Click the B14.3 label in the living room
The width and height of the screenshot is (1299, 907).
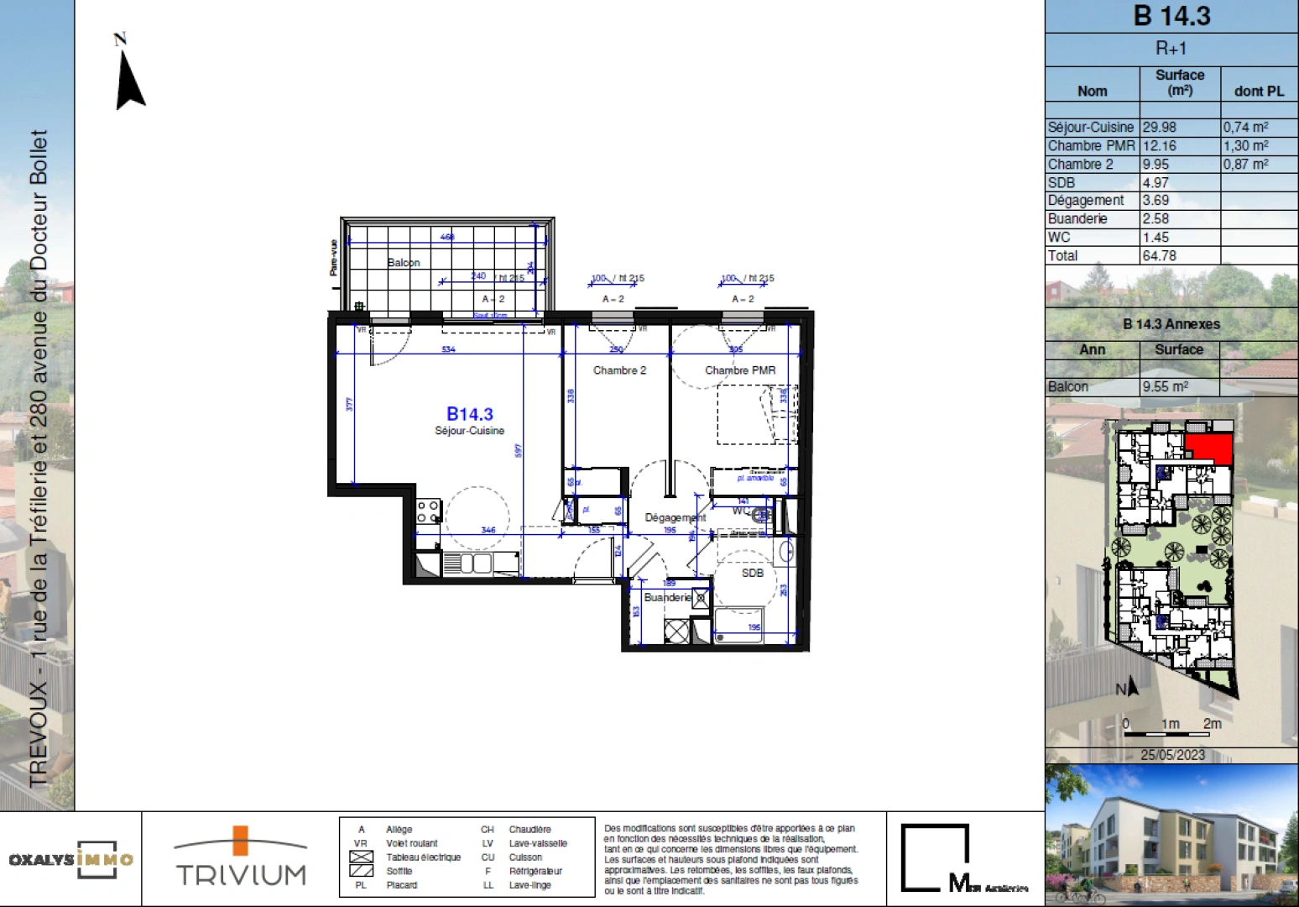[469, 414]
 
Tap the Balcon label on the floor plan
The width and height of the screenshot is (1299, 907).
[404, 263]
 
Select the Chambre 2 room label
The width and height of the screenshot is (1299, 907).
[619, 370]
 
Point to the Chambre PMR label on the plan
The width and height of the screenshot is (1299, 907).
[739, 370]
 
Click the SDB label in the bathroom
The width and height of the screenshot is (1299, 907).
[752, 573]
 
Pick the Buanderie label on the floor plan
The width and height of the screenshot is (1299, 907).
[667, 597]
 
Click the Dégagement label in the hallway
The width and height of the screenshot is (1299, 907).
[675, 517]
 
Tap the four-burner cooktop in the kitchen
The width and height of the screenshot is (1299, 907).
[428, 511]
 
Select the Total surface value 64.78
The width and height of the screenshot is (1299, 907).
[1159, 255]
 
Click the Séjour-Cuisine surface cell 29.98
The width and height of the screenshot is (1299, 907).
[1159, 128]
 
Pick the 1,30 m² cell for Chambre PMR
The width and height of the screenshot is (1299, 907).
[1245, 146]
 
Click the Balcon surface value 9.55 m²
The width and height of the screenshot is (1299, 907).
[1165, 387]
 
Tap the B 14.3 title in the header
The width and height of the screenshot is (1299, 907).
[1171, 16]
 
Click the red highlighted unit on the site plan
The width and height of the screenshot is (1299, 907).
[1208, 448]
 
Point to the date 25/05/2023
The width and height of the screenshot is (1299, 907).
[1172, 755]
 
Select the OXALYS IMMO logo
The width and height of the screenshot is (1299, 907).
[71, 859]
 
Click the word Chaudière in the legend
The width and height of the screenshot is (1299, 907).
[530, 830]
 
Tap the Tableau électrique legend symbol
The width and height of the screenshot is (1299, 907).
[361, 857]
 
